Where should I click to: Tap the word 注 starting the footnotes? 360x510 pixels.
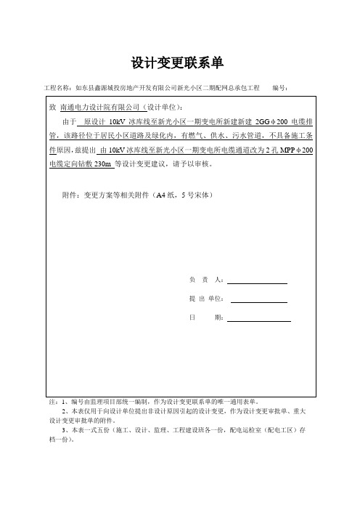(x=51, y=400)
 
